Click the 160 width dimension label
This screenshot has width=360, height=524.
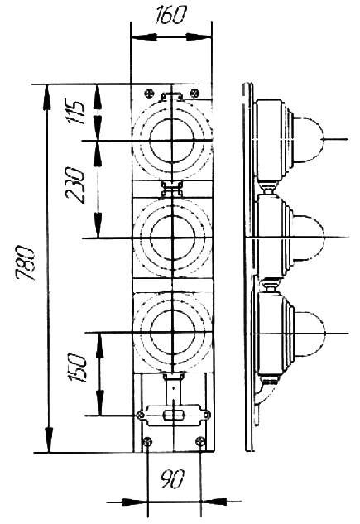tap(170, 15)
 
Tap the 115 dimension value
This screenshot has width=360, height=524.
tap(77, 112)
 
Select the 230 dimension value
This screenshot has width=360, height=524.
tap(74, 185)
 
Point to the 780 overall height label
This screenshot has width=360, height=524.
tap(25, 263)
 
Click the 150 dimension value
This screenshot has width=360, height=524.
tap(77, 368)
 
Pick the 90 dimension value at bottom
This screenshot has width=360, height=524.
tap(172, 479)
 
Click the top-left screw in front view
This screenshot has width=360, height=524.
tap(149, 94)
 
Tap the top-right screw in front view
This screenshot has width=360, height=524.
tap(194, 93)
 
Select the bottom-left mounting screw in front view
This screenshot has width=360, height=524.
tap(147, 442)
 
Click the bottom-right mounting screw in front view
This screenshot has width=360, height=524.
tap(199, 441)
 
